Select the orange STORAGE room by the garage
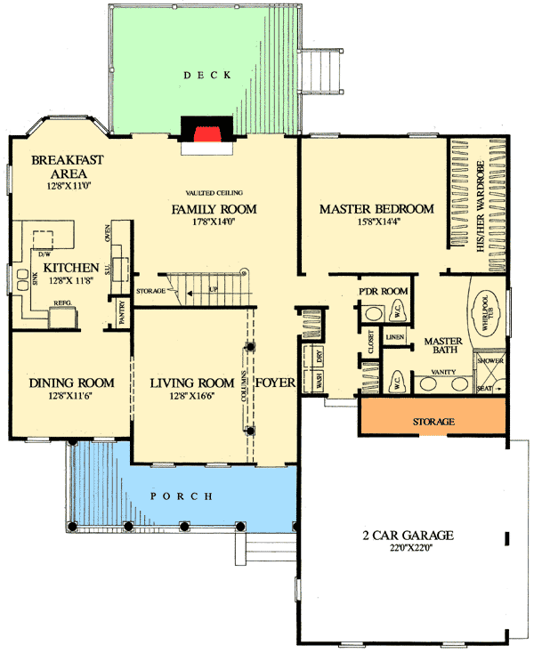click(434, 420)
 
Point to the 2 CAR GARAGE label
click(409, 536)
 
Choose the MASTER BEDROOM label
click(376, 209)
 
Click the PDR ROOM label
click(383, 292)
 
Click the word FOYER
click(276, 383)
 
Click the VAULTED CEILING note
click(214, 193)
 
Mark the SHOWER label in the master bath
click(490, 361)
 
